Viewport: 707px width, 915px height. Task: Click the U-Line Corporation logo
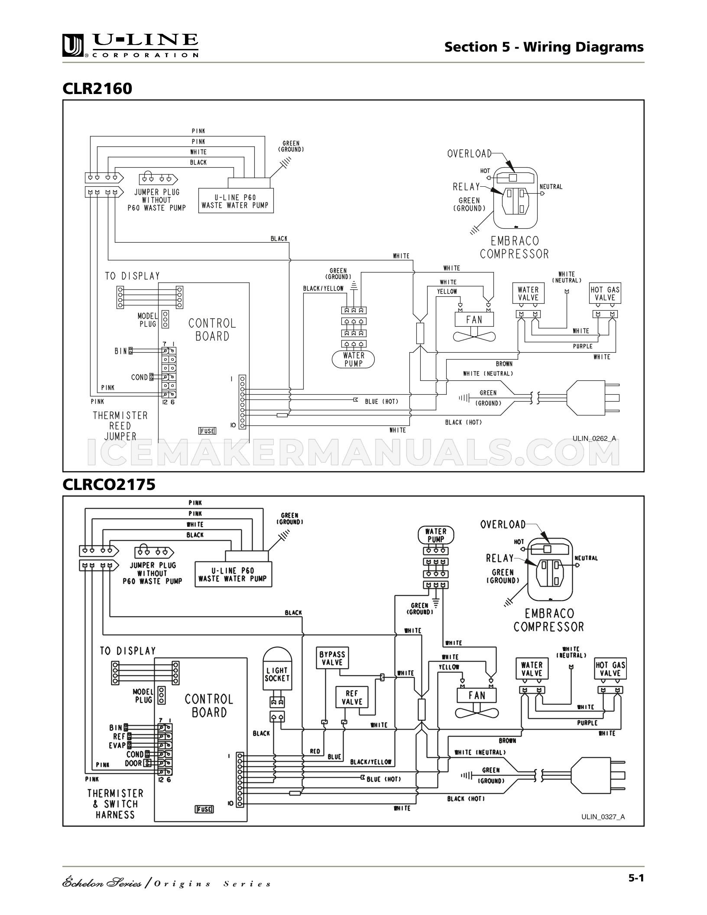click(130, 45)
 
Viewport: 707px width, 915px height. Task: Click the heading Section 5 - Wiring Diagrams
click(544, 47)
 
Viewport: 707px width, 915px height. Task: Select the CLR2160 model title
click(97, 88)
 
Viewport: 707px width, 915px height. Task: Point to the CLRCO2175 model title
click(109, 484)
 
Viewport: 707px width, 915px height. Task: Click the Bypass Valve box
click(332, 659)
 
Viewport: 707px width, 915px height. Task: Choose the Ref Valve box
click(352, 698)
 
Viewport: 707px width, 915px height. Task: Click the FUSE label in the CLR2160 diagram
click(207, 431)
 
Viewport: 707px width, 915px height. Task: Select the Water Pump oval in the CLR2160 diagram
click(353, 359)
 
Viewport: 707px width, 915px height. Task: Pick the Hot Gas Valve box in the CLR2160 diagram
click(605, 294)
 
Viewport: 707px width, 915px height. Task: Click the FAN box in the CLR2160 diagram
click(474, 320)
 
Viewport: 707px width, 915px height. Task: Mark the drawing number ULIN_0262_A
click(594, 438)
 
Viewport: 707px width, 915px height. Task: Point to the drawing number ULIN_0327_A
click(603, 817)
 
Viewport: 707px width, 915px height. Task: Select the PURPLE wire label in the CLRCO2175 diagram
click(587, 723)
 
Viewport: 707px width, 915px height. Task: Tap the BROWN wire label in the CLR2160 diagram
click(504, 364)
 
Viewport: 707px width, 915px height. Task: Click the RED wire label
click(315, 751)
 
